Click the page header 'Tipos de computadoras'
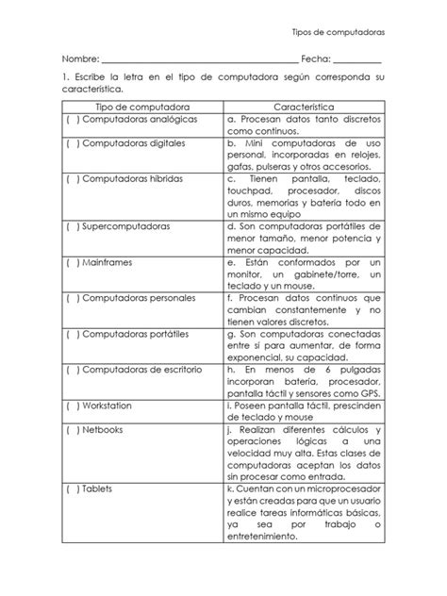[338, 31]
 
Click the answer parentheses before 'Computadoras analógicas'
[73, 121]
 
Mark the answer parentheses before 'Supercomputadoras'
[73, 227]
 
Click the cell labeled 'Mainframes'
[109, 262]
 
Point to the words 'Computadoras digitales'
[135, 143]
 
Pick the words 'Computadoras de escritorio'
[142, 369]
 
